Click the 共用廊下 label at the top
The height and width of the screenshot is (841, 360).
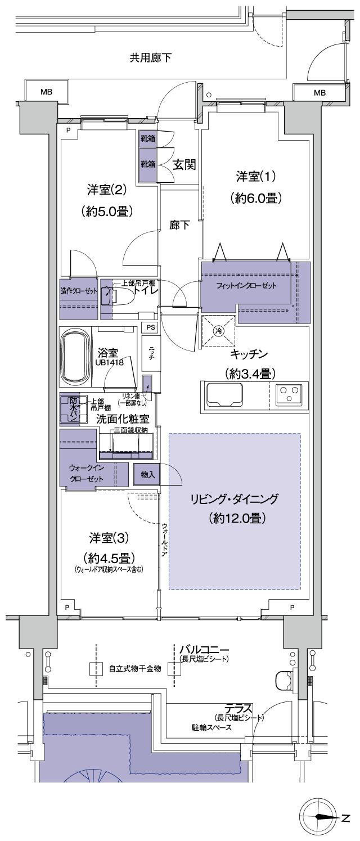[x=151, y=57]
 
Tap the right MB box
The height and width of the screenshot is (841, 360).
[x=319, y=92]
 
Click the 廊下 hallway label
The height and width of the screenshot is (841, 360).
[x=180, y=224]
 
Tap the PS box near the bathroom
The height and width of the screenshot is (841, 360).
[x=150, y=327]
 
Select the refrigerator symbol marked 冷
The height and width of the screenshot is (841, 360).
[x=217, y=331]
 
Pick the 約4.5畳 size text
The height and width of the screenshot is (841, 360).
[x=109, y=558]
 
